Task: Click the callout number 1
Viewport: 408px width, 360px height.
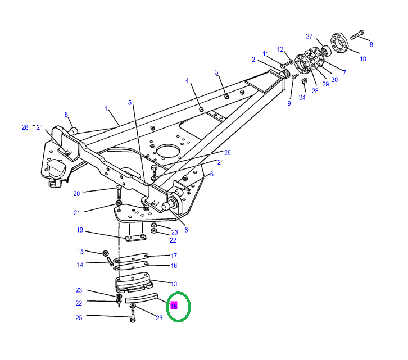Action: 105,108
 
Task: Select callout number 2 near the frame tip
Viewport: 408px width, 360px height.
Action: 253,59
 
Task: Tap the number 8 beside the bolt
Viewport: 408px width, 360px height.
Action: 371,44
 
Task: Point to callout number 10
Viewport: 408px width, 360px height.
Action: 363,58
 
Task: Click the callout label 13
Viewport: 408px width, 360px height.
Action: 174,284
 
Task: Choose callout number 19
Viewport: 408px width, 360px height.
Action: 80,230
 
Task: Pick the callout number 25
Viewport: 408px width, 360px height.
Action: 79,318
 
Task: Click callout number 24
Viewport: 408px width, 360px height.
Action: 302,97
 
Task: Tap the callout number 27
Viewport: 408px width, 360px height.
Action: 309,37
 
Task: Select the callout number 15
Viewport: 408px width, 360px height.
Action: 80,252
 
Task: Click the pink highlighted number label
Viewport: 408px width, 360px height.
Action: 174,306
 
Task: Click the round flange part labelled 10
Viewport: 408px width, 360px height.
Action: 341,44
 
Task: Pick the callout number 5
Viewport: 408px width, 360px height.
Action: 130,103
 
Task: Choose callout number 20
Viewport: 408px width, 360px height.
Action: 77,194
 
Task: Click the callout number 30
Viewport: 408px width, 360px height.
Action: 334,80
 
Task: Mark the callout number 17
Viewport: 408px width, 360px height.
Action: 174,256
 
